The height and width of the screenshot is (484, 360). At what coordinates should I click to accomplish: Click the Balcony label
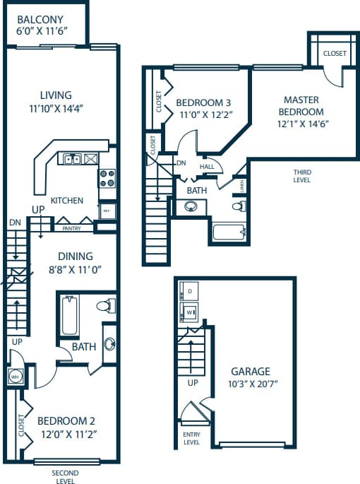click(x=40, y=19)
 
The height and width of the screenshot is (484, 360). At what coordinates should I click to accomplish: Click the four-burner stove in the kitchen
click(x=107, y=178)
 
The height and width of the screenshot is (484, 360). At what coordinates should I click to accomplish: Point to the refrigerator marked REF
click(x=107, y=211)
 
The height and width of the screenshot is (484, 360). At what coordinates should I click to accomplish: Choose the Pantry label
click(x=71, y=228)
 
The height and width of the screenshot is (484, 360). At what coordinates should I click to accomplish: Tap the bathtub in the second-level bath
click(x=69, y=315)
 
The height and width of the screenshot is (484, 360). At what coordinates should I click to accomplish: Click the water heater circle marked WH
click(x=15, y=377)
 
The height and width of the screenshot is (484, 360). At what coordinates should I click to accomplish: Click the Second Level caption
click(x=65, y=476)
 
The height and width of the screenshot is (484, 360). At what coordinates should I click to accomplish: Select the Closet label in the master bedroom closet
click(x=335, y=54)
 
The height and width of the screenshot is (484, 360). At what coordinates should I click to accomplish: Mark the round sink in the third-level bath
click(x=191, y=207)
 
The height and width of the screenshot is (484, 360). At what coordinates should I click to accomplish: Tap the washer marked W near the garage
click(x=191, y=312)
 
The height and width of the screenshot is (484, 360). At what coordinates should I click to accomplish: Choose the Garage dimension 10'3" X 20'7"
click(x=251, y=384)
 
